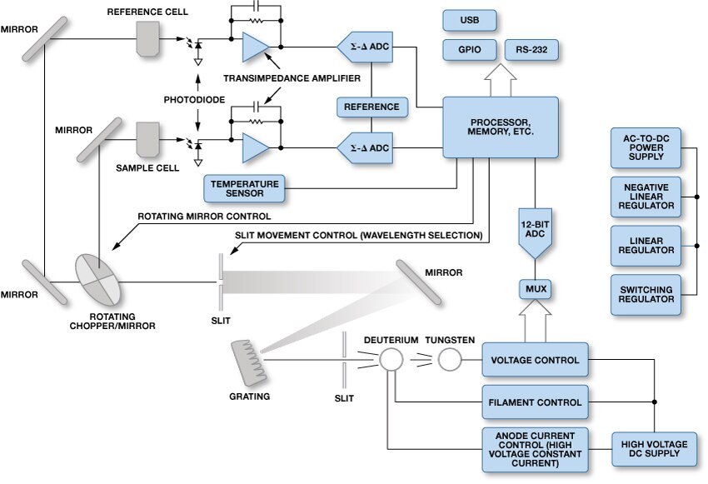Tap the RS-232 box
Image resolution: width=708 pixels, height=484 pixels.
[531, 49]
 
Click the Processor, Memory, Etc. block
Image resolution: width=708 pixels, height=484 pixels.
[501, 127]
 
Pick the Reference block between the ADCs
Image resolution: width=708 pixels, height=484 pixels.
[371, 107]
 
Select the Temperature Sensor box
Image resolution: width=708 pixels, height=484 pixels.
[244, 188]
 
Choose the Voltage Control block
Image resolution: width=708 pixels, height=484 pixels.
[535, 360]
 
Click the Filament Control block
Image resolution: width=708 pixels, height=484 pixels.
[535, 402]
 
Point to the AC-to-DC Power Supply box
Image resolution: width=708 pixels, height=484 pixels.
[645, 147]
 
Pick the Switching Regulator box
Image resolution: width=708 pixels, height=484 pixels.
[645, 294]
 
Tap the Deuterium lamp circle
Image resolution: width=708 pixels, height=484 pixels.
[391, 360]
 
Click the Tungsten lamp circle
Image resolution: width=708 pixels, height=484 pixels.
[450, 360]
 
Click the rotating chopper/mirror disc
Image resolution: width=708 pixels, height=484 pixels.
[98, 280]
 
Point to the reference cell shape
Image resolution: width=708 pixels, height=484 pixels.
[149, 39]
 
